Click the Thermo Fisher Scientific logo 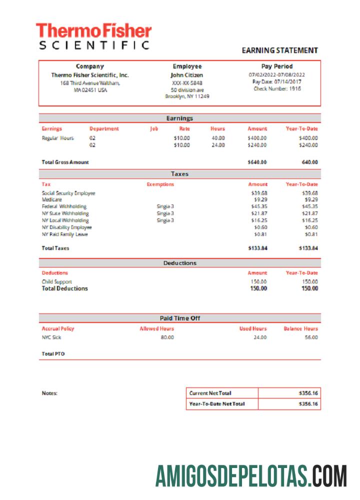(94, 36)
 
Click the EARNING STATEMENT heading (280, 50)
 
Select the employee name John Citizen (187, 75)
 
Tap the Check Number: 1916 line (277, 88)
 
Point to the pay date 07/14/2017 (277, 81)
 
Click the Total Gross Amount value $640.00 (257, 162)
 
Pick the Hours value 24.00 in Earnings (217, 145)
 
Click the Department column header (104, 128)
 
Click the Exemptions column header (160, 184)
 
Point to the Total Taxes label (55, 248)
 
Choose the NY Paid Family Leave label (65, 234)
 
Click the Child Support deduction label (57, 281)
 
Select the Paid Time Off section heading (180, 318)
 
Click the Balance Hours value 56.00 (310, 337)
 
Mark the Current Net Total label (210, 393)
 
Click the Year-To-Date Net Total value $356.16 (308, 403)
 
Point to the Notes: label (49, 393)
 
